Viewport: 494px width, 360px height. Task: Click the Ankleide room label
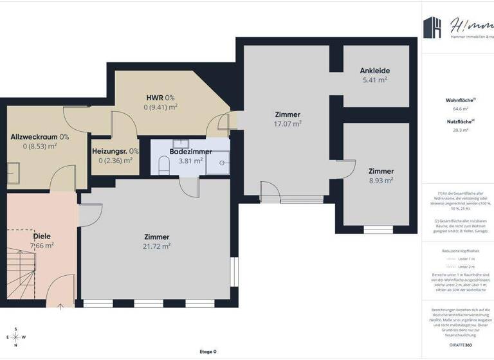(375, 71)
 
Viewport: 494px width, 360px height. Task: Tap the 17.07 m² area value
(288, 124)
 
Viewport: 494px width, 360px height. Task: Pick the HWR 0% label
(160, 98)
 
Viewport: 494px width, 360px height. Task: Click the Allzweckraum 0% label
(40, 137)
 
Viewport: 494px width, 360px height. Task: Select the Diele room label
(42, 236)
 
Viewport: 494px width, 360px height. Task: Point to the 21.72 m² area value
(156, 246)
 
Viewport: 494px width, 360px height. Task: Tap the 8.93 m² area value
(381, 181)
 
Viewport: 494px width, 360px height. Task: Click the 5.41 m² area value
(375, 80)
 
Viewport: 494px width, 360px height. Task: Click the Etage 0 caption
(208, 352)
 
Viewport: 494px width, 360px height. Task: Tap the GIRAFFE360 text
(459, 345)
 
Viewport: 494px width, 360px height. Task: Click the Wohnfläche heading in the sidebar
(460, 100)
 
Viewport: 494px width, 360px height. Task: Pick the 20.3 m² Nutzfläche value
(460, 129)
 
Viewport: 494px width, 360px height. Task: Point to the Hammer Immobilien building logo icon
(433, 28)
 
